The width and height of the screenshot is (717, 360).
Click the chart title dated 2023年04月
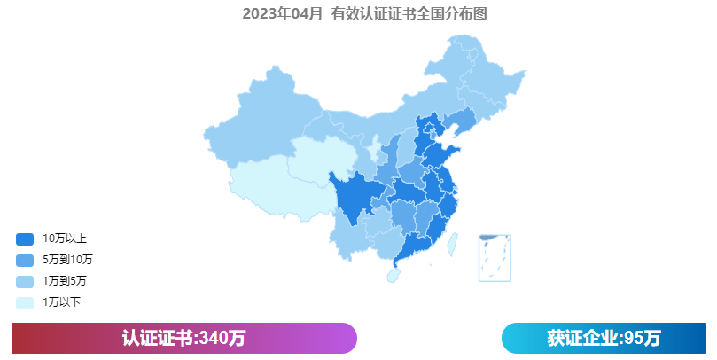[364, 13]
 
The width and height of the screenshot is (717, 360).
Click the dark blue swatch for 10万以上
[25, 239]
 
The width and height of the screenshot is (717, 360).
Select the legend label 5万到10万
[67, 260]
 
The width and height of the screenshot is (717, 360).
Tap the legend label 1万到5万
[65, 281]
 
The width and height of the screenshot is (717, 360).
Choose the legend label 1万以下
[62, 302]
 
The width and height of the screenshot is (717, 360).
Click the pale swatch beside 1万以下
[25, 302]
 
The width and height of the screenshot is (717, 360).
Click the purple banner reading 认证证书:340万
[183, 338]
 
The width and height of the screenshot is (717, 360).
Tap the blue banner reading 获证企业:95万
[604, 338]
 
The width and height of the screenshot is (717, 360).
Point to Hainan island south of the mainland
[393, 276]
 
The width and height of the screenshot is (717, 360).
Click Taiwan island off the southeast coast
[450, 240]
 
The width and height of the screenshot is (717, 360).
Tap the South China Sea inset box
[495, 257]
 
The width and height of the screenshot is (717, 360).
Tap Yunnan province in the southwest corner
[345, 239]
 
